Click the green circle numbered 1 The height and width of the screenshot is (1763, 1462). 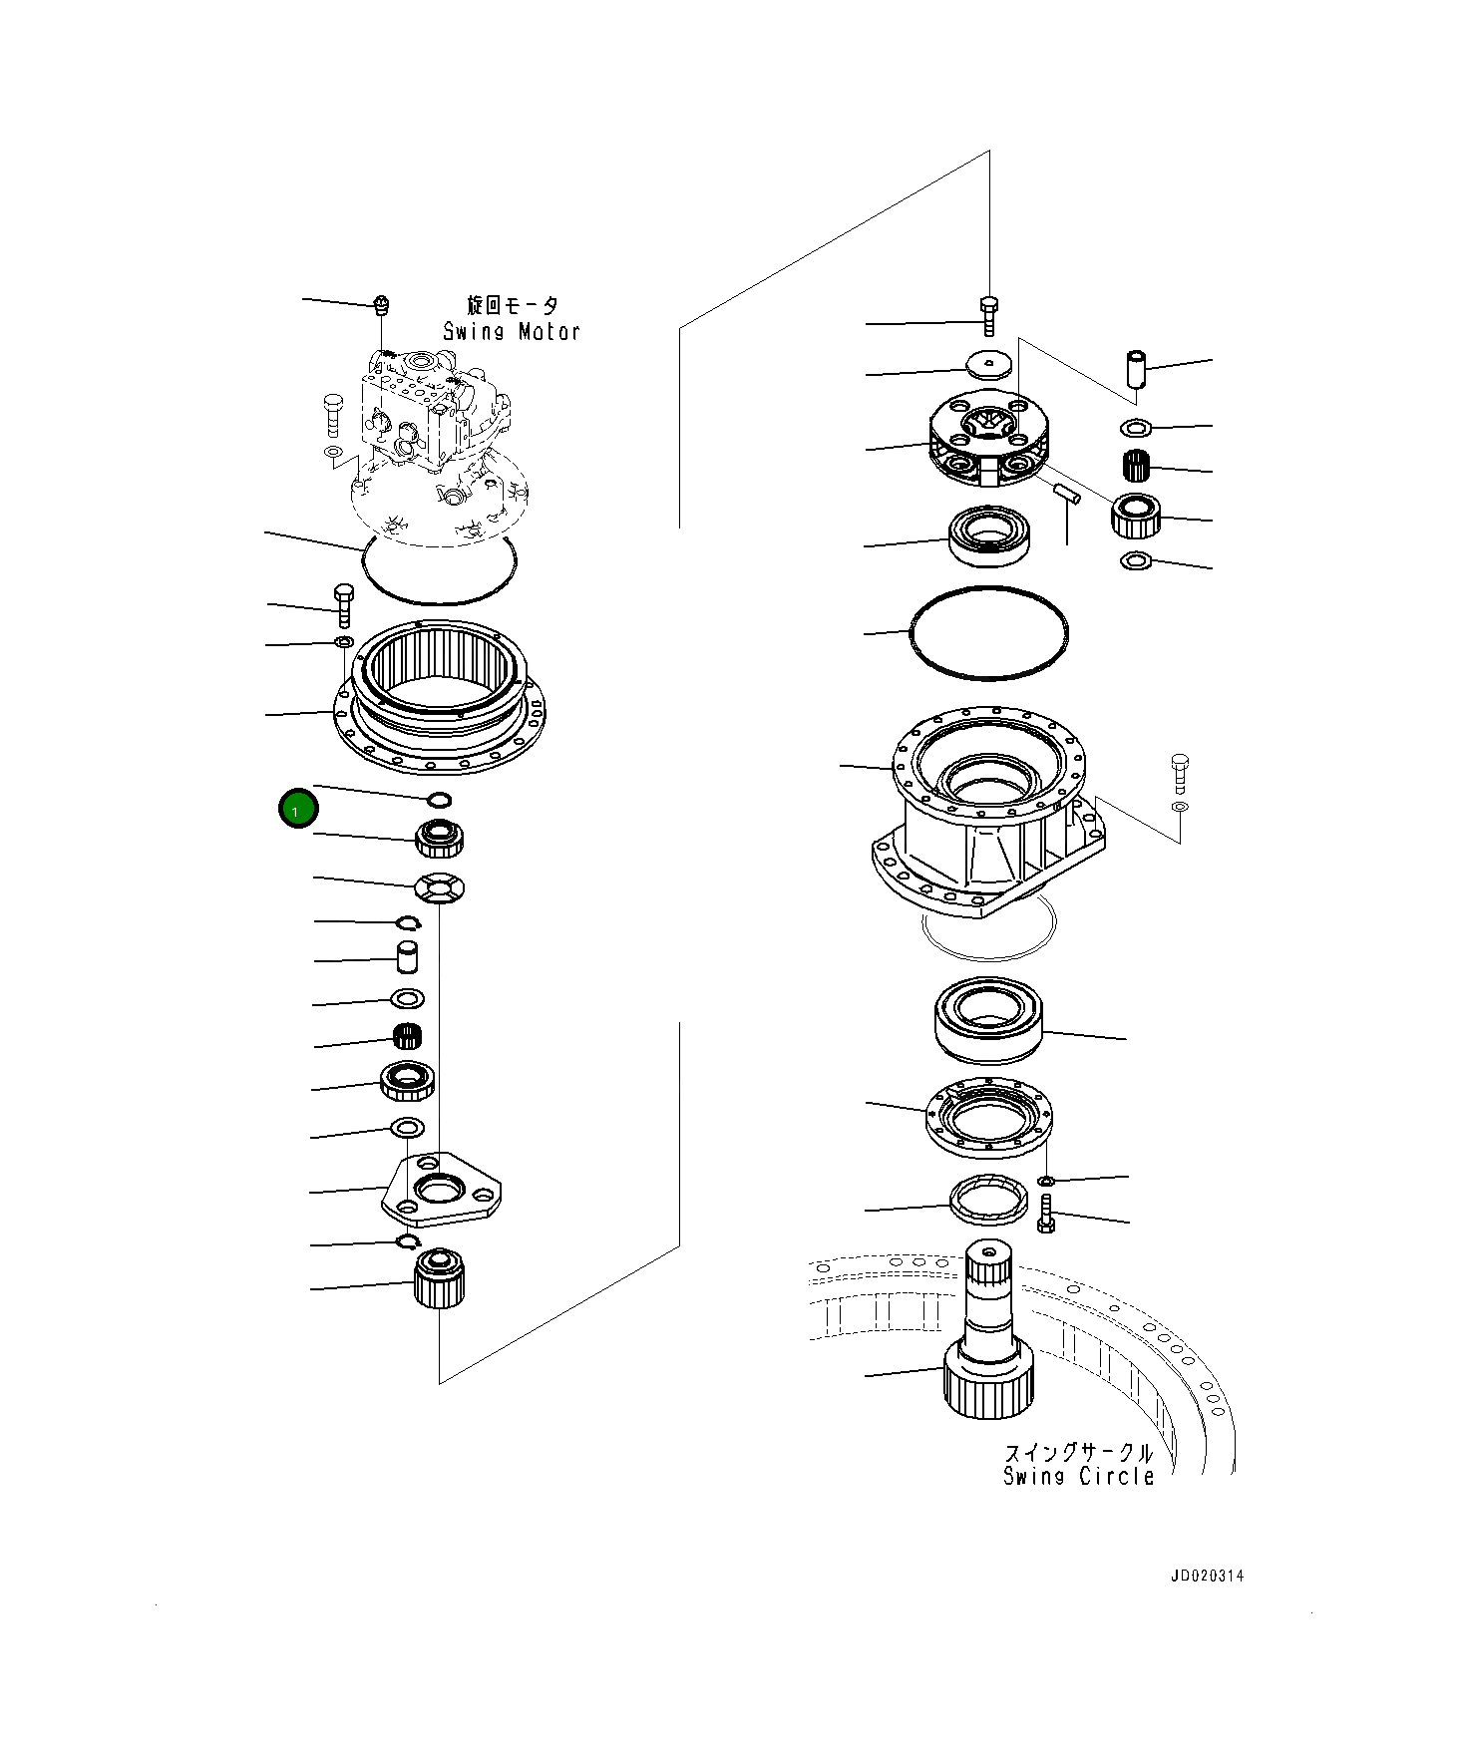[296, 810]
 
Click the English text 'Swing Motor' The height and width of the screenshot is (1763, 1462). [512, 332]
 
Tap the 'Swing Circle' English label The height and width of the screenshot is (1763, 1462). [1078, 1477]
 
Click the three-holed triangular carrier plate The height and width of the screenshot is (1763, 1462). [442, 1191]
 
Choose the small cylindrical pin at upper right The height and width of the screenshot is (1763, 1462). [1136, 368]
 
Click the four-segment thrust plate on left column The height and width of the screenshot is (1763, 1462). [440, 886]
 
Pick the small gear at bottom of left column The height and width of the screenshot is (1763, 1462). [440, 1278]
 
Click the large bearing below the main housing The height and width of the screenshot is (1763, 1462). [988, 1018]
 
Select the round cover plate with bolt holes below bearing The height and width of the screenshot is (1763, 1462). [988, 1120]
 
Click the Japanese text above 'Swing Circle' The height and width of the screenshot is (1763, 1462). [1078, 1452]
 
